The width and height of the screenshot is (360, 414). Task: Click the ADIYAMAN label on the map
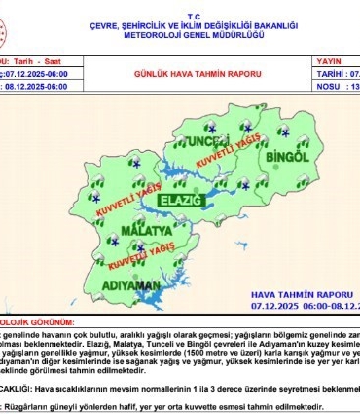click(132, 284)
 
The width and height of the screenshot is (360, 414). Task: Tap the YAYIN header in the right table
click(330, 61)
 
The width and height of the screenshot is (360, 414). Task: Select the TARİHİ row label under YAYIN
click(332, 73)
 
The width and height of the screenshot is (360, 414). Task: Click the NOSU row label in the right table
click(330, 86)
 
